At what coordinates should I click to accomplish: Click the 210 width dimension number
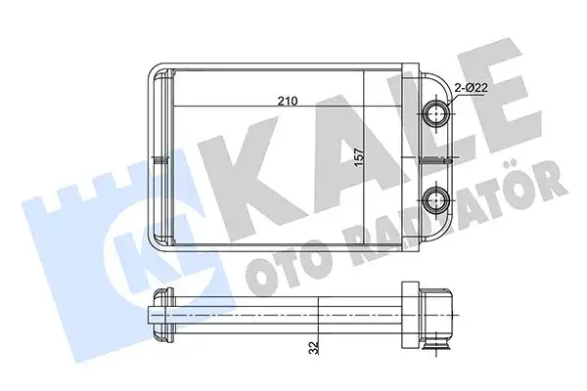(x=286, y=99)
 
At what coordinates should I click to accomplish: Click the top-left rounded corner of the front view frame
(x=156, y=69)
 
